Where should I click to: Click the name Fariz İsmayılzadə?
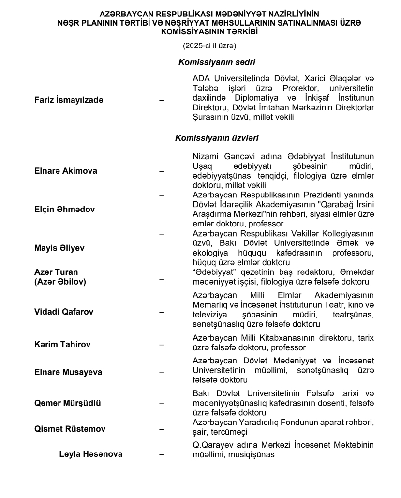click(69, 100)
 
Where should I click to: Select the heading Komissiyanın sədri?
click(217, 62)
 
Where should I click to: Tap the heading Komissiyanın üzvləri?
click(217, 138)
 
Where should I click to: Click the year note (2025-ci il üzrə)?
click(209, 46)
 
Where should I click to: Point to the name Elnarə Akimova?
click(66, 171)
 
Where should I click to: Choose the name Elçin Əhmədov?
click(64, 210)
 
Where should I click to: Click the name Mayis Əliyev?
click(59, 248)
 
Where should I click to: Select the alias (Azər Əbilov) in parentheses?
click(60, 282)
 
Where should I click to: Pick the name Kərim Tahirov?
click(62, 345)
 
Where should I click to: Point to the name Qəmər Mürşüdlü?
click(68, 403)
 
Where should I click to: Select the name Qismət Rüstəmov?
click(70, 429)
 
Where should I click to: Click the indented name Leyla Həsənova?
click(90, 454)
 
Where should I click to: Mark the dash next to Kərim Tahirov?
click(162, 345)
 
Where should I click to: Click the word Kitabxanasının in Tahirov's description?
click(293, 337)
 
